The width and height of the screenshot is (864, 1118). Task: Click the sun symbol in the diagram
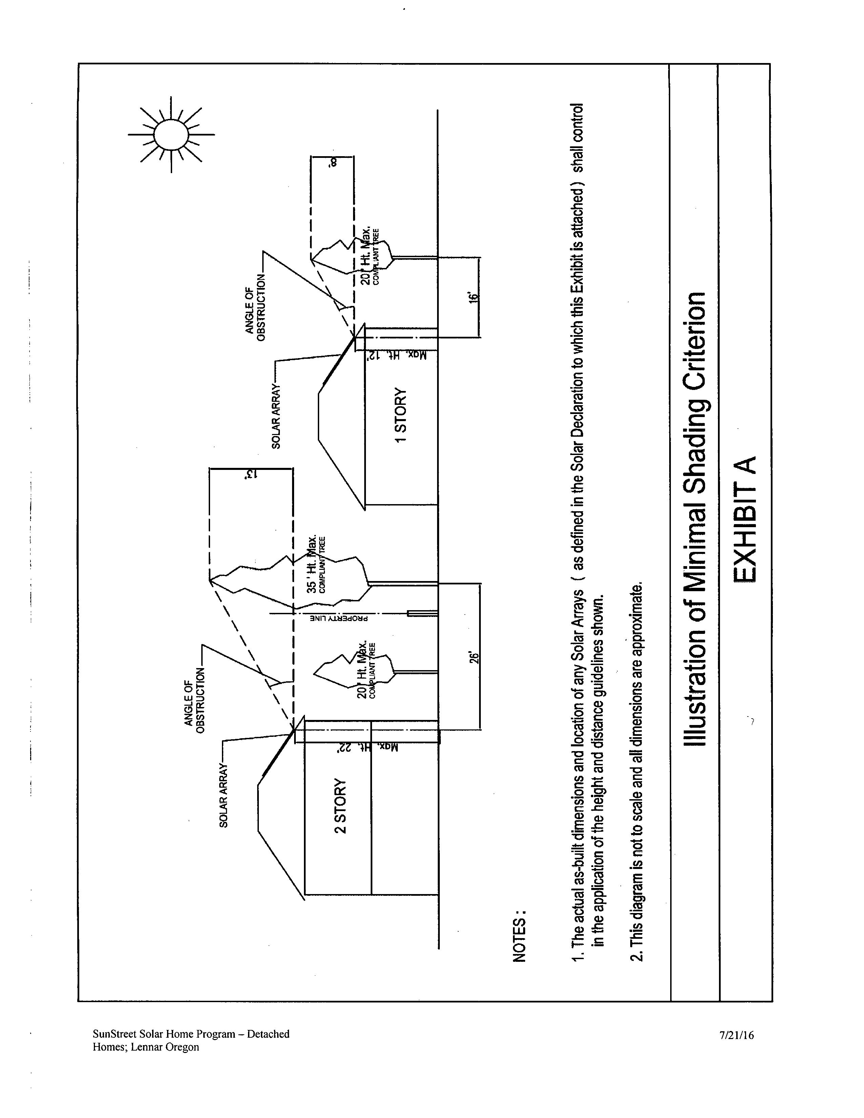coord(171,134)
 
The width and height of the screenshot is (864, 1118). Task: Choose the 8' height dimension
coord(333,163)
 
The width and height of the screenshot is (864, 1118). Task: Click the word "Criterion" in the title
coord(696,342)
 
